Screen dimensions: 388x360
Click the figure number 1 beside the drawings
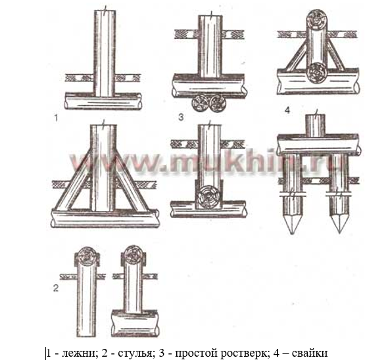56,118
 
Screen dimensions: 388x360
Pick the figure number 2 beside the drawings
56,288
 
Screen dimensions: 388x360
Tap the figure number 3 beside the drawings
181,117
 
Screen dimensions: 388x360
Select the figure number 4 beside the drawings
287,110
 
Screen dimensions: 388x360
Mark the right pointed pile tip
339,233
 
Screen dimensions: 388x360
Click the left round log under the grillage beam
200,103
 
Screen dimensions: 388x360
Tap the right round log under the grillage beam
217,103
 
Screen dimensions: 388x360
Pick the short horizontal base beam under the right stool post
134,323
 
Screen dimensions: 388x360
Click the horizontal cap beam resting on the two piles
318,144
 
